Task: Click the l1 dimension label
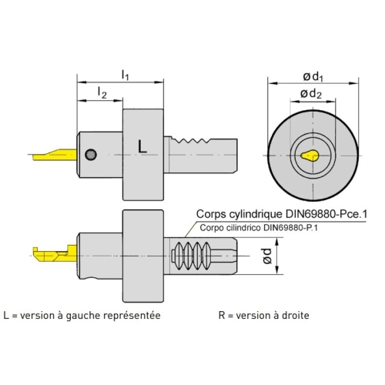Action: [x=125, y=75]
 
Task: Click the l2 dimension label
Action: [x=102, y=92]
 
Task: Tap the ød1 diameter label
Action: [x=313, y=77]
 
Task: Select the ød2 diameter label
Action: [x=311, y=94]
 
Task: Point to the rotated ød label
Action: [x=267, y=256]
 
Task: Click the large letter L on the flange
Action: [x=142, y=147]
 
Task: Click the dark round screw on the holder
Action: [x=91, y=155]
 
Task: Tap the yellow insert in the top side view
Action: [x=55, y=155]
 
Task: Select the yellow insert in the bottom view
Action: [x=55, y=253]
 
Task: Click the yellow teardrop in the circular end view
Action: [x=310, y=156]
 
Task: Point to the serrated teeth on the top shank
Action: [x=191, y=140]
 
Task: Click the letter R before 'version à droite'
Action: [x=222, y=316]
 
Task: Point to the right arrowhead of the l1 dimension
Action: [x=159, y=82]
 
